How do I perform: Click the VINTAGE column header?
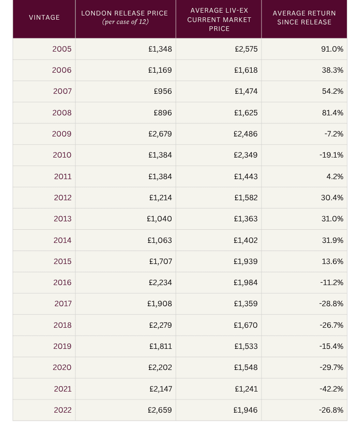44,17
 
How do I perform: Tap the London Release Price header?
125,13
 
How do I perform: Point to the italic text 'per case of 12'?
125,22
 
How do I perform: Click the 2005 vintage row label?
62,49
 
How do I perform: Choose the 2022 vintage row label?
62,410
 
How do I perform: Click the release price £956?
163,91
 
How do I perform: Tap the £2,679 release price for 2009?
159,134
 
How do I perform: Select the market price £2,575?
246,49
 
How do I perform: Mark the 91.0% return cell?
332,49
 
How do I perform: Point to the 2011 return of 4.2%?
336,176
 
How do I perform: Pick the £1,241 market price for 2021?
246,389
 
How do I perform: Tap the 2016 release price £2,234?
159,282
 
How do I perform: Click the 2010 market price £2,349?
246,155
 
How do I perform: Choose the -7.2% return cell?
334,134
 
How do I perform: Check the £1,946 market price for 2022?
246,410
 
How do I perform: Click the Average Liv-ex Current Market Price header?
219,19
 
